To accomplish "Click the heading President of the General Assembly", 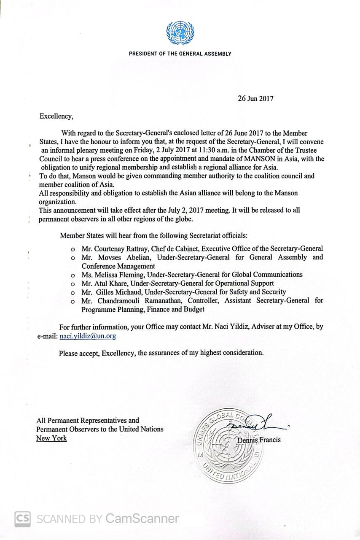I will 180,54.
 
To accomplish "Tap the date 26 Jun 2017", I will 255,99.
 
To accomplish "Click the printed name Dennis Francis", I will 259,440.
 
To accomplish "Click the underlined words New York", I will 51,438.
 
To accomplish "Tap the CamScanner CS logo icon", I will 23,519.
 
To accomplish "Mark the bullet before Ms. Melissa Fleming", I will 73,275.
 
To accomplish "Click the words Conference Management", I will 118,266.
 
